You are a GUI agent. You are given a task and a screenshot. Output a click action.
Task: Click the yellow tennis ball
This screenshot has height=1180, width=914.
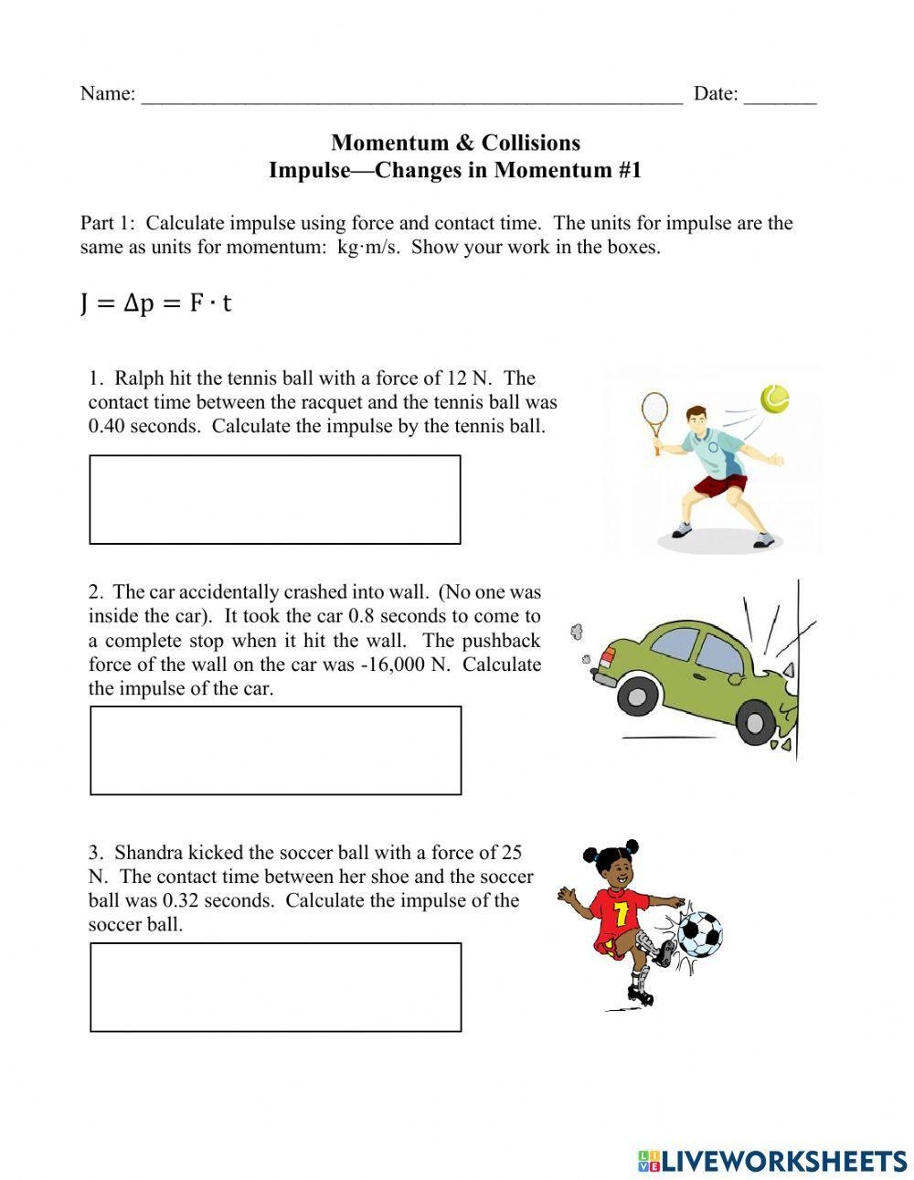point(774,399)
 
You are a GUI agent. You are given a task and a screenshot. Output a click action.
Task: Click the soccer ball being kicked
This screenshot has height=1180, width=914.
point(699,932)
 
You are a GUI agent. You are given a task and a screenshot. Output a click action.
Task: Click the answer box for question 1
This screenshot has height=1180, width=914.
point(275,499)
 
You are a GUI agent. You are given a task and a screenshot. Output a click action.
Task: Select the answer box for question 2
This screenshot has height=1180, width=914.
point(275,749)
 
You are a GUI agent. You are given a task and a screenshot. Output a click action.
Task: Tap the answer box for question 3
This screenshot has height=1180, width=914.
point(275,987)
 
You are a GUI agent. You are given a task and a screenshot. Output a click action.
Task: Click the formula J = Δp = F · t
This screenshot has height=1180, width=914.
point(155,303)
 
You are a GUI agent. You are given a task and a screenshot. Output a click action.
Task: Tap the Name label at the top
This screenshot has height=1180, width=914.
point(107,93)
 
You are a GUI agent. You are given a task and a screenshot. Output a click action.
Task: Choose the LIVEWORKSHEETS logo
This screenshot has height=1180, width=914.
point(772,1161)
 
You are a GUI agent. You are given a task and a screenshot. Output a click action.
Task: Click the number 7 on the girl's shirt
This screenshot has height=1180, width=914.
point(621,914)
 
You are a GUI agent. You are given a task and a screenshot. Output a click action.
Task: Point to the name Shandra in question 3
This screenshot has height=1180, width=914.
point(149,853)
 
